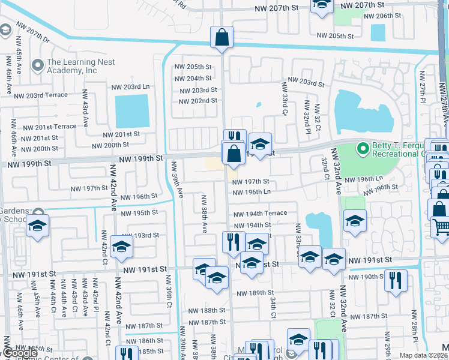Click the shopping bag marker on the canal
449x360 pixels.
tap(221, 37)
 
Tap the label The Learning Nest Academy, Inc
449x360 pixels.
tap(72, 66)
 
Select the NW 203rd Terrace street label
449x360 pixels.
tap(41, 95)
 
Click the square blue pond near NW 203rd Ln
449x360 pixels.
tap(131, 111)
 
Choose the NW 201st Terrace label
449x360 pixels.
tap(49, 127)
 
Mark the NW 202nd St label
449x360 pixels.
tap(196, 100)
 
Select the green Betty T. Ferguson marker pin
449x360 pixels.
tap(362, 148)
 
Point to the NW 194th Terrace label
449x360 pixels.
tap(256, 213)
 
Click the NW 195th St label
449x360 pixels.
tap(139, 213)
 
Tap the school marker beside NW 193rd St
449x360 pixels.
tap(121, 247)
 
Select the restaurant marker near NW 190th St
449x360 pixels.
tap(396, 280)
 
